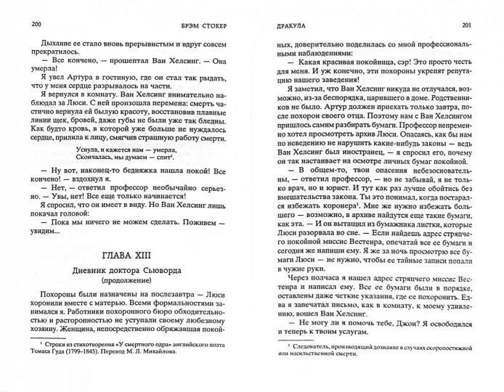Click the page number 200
coord(17,23)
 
